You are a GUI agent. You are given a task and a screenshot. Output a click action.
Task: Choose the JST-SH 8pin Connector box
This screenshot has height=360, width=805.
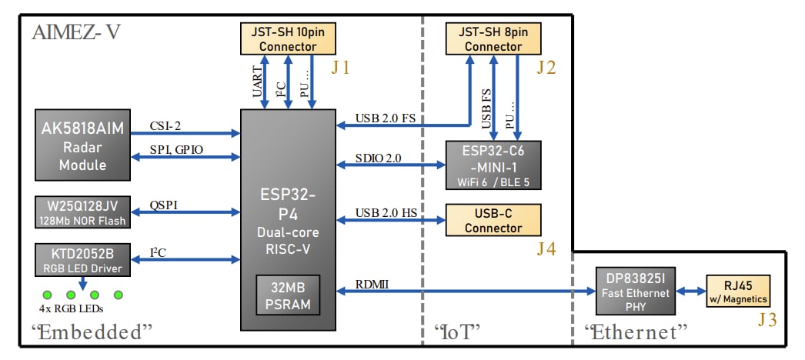(x=493, y=38)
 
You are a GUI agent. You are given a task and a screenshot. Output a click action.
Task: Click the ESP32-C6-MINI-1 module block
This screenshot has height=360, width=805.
(x=493, y=164)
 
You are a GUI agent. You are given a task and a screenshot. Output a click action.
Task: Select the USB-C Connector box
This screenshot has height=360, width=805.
(x=493, y=221)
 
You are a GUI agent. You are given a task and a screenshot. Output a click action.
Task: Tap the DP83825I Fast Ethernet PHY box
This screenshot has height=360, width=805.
(x=638, y=292)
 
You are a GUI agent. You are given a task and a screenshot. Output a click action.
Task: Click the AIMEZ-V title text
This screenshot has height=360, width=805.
(x=76, y=33)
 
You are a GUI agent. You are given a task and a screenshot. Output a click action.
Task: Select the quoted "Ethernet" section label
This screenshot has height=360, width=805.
(x=635, y=332)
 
